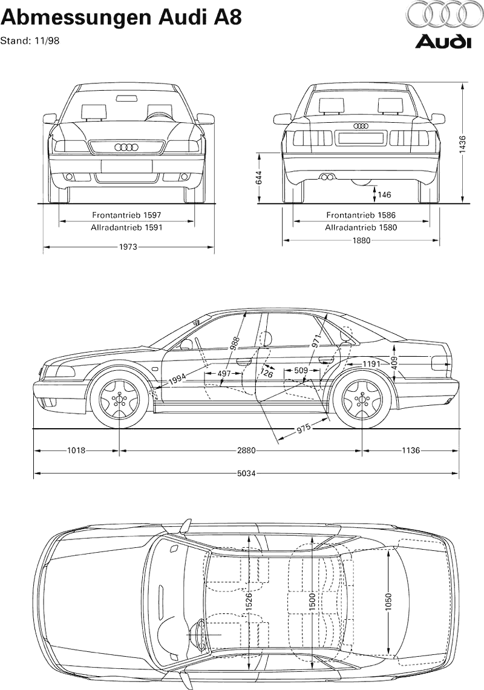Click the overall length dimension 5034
(246, 473)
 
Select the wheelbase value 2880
(246, 451)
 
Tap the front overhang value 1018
(76, 451)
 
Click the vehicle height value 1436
(463, 144)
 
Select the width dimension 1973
(128, 247)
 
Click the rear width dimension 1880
(361, 240)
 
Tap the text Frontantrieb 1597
(126, 215)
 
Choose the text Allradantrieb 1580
(361, 228)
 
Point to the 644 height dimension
(259, 178)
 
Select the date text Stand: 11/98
(30, 41)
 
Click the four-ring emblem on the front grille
(126, 147)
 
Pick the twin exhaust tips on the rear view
(329, 177)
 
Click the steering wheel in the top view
(200, 635)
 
